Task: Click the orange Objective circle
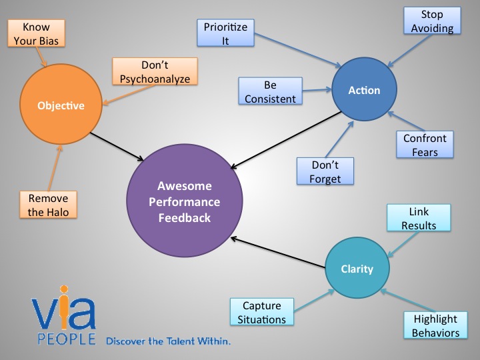[61, 105]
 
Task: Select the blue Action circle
[364, 90]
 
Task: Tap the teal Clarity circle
[357, 269]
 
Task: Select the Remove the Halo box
[49, 205]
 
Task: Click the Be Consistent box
[269, 91]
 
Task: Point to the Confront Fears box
[425, 145]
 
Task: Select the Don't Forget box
[325, 172]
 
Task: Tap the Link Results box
[418, 219]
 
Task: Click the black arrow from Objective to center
[117, 146]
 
